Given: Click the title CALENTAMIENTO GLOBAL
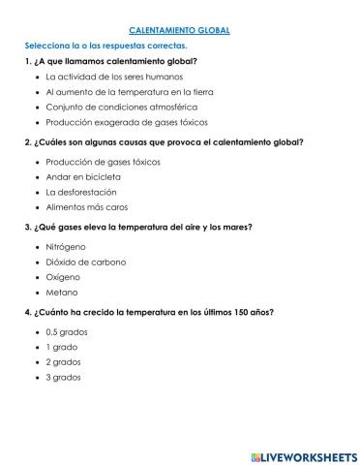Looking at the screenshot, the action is tap(179, 30).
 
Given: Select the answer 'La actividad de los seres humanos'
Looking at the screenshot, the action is tap(107, 76).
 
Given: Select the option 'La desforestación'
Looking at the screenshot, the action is tap(82, 192).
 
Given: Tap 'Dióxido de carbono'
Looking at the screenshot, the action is tap(85, 262).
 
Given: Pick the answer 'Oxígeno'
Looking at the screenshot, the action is tap(64, 277).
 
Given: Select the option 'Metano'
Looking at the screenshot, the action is tap(62, 293).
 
